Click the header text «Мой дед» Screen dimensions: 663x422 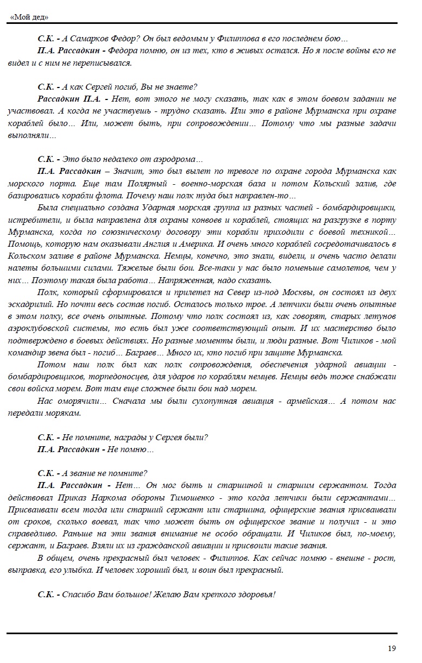[29, 17]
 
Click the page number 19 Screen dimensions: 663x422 [392, 648]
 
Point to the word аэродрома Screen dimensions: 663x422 [175, 159]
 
